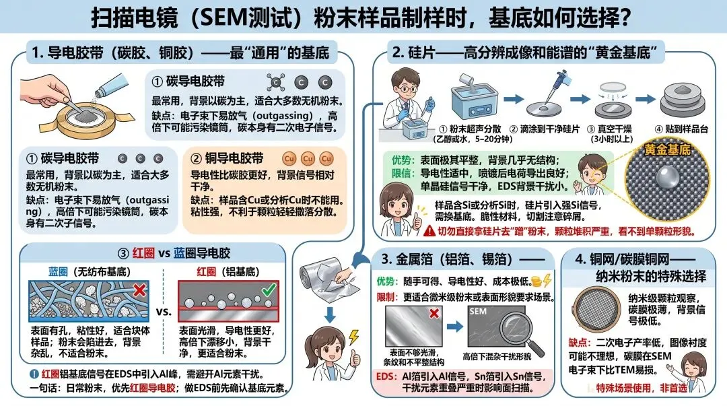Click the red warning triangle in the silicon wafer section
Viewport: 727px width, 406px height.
pyautogui.click(x=429, y=231)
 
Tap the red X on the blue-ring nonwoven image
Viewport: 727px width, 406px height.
pyautogui.click(x=139, y=290)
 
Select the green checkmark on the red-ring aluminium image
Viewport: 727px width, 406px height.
pyautogui.click(x=269, y=290)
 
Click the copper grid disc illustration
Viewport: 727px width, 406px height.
pyautogui.click(x=596, y=308)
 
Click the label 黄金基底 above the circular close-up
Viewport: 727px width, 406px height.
pyautogui.click(x=667, y=149)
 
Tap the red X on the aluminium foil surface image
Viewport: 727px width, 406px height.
pyautogui.click(x=434, y=313)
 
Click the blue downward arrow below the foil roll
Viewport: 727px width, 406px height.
pyautogui.click(x=330, y=314)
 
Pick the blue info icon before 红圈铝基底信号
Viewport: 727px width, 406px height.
pyautogui.click(x=34, y=374)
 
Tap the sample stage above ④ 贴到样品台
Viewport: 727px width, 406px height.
pyautogui.click(x=682, y=100)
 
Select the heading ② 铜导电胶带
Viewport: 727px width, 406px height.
pyautogui.click(x=228, y=158)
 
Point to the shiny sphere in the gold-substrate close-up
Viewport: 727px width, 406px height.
pyautogui.click(x=666, y=178)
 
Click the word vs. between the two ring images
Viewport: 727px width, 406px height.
pyautogui.click(x=164, y=311)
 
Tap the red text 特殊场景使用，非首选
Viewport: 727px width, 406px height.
pyautogui.click(x=642, y=387)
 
